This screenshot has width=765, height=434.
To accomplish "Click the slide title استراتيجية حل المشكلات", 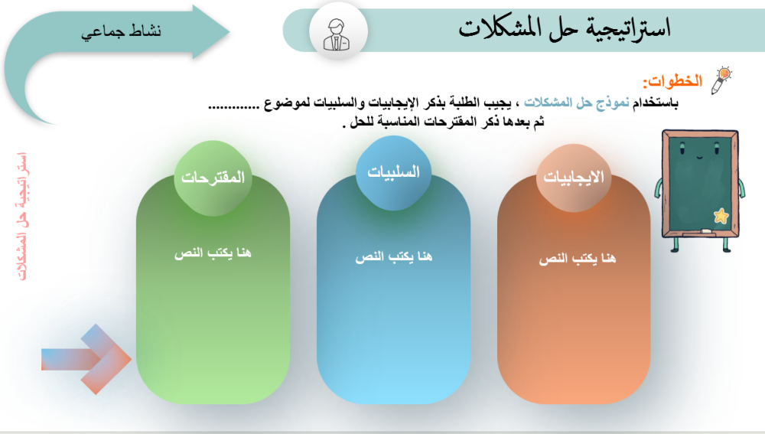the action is [565, 29].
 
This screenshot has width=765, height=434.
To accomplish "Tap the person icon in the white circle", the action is [337, 34].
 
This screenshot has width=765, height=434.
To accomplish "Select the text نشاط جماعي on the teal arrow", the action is [121, 32].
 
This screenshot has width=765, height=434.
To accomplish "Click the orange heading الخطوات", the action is [672, 81].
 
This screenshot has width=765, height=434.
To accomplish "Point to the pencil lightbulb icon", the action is [721, 80].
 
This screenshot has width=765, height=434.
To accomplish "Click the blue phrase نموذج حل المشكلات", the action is [577, 103].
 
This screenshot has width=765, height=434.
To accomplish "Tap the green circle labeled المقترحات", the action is [213, 178].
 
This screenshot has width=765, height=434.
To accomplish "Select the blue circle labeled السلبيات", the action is [393, 173].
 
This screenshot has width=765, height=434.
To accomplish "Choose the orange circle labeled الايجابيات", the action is [574, 178].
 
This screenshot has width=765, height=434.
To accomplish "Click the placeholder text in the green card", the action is [213, 253].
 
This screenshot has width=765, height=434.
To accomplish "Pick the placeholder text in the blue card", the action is [394, 256].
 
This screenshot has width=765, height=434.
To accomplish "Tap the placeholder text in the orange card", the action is [577, 258].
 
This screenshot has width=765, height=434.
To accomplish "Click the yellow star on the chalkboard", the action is [721, 215].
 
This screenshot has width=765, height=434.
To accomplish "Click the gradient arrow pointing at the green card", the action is [86, 359].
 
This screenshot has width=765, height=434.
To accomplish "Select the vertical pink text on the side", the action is [22, 217].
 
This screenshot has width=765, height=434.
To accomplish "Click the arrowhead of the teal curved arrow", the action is [211, 31].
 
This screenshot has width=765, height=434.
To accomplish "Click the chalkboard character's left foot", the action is [675, 245].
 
